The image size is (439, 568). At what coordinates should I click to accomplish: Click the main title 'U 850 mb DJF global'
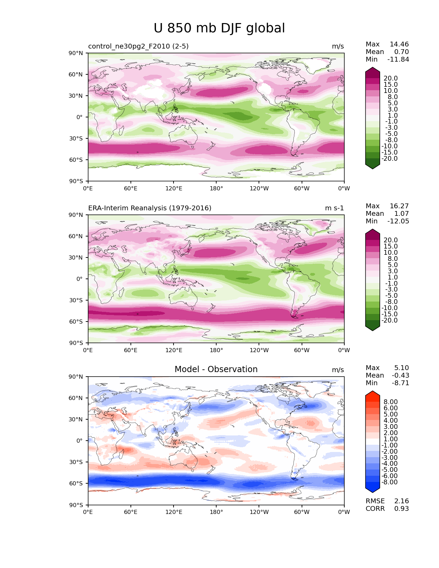pyautogui.click(x=219, y=28)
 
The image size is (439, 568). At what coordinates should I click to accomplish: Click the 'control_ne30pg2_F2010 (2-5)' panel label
pyautogui.click(x=138, y=46)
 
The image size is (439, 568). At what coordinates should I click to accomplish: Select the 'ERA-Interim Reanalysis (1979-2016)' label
pyautogui.click(x=149, y=208)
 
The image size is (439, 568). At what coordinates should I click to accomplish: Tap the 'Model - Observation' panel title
pyautogui.click(x=216, y=369)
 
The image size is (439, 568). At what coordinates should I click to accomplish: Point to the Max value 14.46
pyautogui.click(x=399, y=44)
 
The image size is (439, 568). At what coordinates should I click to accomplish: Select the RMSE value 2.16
pyautogui.click(x=401, y=501)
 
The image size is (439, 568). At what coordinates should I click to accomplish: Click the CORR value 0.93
pyautogui.click(x=401, y=509)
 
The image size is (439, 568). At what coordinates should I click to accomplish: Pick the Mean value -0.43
pyautogui.click(x=400, y=375)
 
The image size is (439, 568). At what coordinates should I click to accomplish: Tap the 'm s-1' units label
pyautogui.click(x=334, y=208)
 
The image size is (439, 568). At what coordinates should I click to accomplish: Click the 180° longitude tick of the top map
pyautogui.click(x=216, y=188)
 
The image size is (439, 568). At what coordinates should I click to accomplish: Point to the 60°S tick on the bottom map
pyautogui.click(x=76, y=483)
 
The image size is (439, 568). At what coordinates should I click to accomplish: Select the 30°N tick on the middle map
pyautogui.click(x=75, y=257)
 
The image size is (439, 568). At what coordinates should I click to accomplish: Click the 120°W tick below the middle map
pyautogui.click(x=259, y=350)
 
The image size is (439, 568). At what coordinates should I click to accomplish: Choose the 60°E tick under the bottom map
pyautogui.click(x=130, y=512)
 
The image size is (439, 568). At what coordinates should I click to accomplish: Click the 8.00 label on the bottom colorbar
pyautogui.click(x=391, y=402)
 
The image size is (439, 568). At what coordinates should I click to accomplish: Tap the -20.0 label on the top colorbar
pyautogui.click(x=389, y=159)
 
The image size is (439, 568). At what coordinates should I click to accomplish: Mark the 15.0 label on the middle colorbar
pyautogui.click(x=391, y=246)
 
